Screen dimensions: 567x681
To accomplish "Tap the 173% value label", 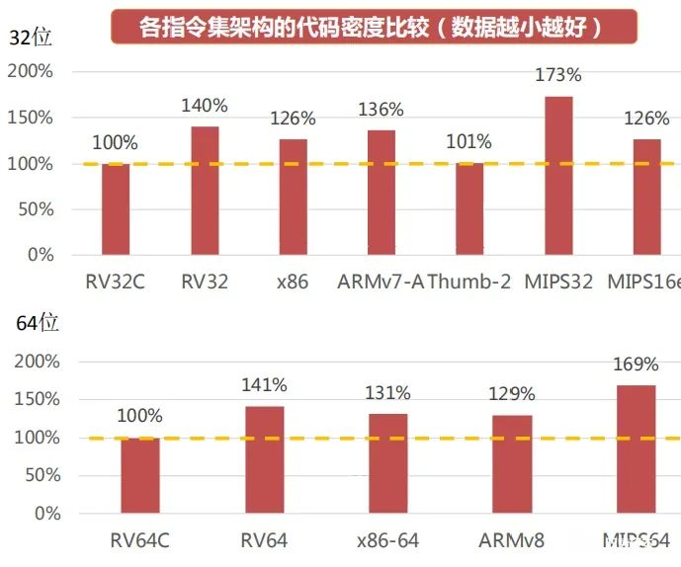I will (x=557, y=74).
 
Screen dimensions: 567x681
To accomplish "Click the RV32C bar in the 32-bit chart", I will (x=116, y=209).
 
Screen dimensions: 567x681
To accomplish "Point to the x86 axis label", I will (x=293, y=282).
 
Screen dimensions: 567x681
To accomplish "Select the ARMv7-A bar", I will (x=382, y=193).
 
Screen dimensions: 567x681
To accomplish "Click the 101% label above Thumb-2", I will (x=469, y=141).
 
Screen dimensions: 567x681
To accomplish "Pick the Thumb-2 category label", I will (x=470, y=282).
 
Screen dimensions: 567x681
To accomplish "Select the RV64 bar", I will (x=264, y=460).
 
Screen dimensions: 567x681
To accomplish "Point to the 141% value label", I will (x=264, y=385).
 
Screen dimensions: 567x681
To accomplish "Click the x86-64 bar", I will (x=387, y=464).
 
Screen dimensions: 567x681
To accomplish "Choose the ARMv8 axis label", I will (x=511, y=540).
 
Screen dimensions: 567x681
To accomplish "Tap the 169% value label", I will (x=637, y=364).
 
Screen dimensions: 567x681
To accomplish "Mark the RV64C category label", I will (x=139, y=540).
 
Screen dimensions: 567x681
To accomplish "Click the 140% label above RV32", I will (x=205, y=106).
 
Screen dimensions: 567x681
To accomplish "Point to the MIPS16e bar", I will (x=646, y=198).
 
